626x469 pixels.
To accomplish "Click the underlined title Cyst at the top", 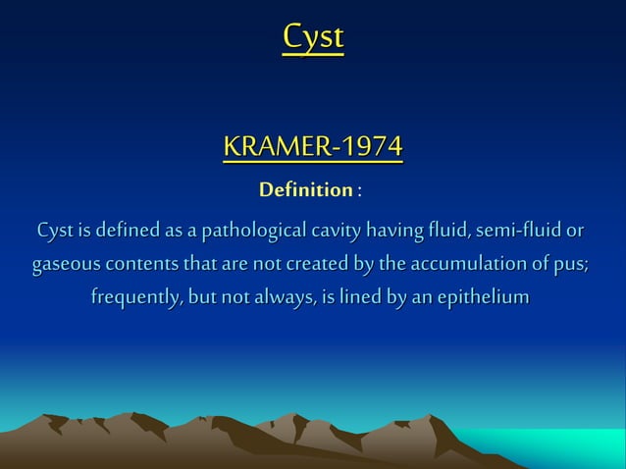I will tap(313, 37).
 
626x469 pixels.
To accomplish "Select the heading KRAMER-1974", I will tap(313, 147).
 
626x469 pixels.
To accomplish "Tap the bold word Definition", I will tap(305, 187).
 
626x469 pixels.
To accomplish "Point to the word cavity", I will tap(337, 232).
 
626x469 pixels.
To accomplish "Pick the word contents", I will tap(141, 264).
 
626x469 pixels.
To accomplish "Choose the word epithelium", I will tap(483, 296).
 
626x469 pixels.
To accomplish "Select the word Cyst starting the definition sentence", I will tap(54, 232).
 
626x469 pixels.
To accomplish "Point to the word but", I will tap(207, 296).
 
